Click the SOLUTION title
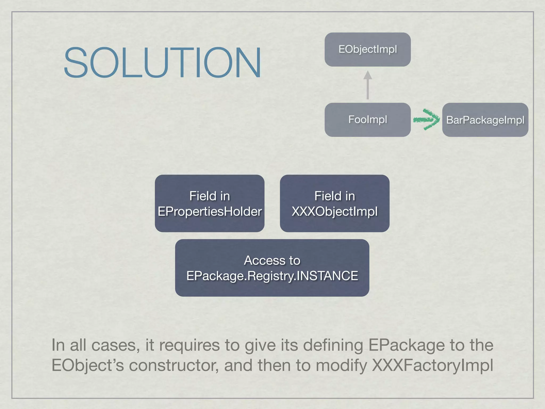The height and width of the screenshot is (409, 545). click(162, 63)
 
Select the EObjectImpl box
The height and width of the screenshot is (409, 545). click(368, 50)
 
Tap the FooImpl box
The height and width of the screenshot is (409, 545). click(368, 120)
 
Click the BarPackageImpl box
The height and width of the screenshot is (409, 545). click(485, 120)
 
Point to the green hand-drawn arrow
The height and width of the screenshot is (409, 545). click(427, 120)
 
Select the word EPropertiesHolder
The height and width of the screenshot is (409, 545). click(210, 212)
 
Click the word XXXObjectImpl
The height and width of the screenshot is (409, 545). click(335, 212)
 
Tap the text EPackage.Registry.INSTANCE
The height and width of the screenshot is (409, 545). click(272, 276)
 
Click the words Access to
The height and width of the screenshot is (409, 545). click(272, 260)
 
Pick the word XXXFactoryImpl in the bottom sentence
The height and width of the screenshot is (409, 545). click(432, 365)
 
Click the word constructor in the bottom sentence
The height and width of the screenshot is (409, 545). click(174, 365)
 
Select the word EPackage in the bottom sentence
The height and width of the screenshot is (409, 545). click(406, 345)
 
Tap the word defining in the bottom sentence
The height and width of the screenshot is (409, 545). click(333, 345)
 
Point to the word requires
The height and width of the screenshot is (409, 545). click(189, 345)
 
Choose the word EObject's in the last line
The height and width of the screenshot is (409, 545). click(88, 365)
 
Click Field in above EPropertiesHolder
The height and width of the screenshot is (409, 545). click(210, 196)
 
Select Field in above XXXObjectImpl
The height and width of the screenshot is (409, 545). click(335, 196)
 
